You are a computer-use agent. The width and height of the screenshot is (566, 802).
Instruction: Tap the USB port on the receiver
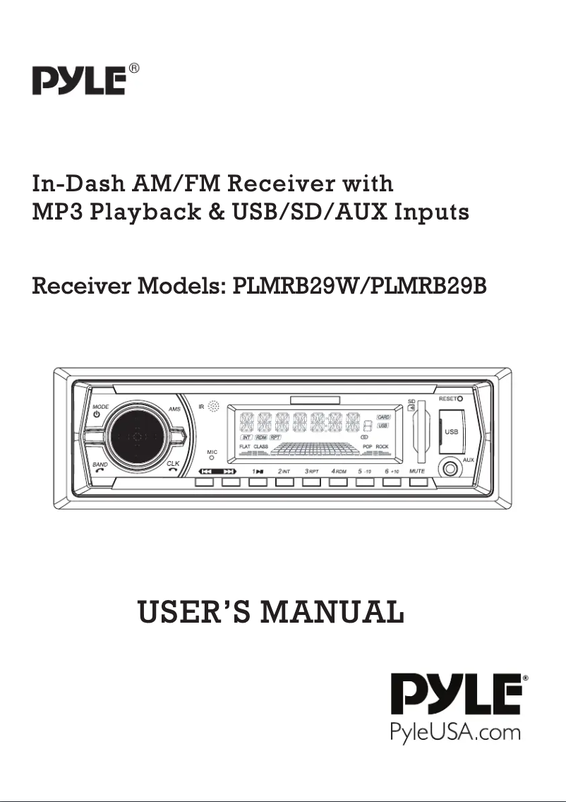click(x=451, y=431)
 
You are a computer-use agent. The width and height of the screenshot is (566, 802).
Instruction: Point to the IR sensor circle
click(x=214, y=407)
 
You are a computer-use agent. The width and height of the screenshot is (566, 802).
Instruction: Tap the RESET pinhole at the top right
click(x=459, y=399)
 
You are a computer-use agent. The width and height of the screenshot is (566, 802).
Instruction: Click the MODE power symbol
click(x=97, y=414)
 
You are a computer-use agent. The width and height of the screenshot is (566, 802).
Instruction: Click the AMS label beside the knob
click(x=174, y=409)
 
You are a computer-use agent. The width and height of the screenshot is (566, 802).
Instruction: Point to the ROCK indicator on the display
click(x=382, y=447)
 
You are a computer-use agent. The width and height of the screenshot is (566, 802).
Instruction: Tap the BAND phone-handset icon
click(x=98, y=471)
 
